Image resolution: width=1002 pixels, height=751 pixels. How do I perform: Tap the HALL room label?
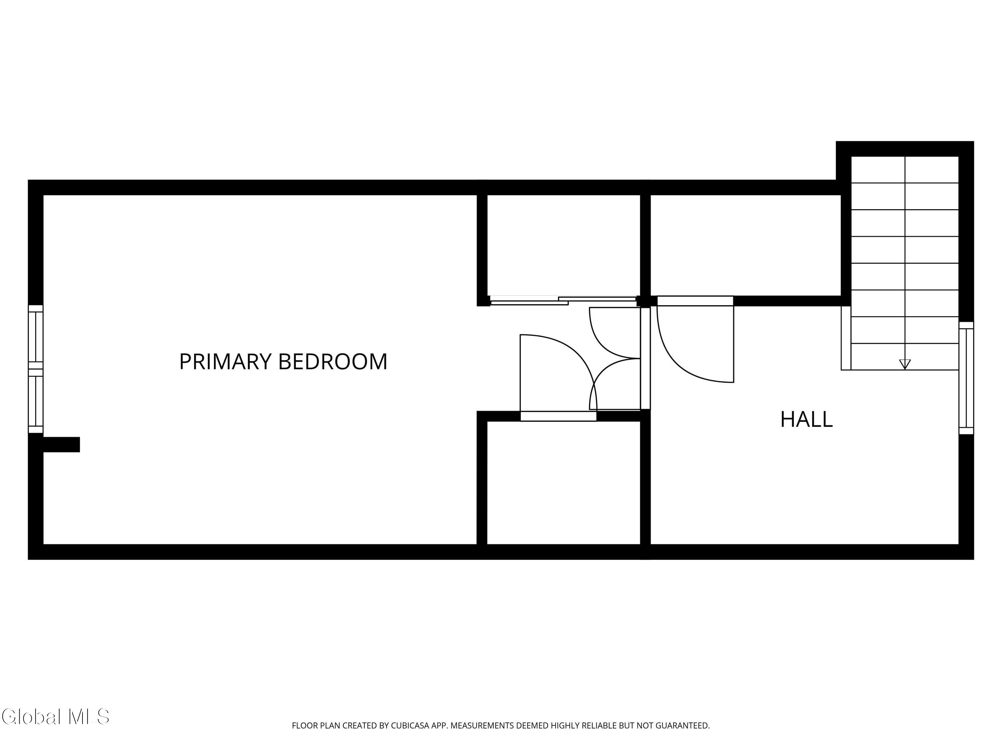tap(806, 420)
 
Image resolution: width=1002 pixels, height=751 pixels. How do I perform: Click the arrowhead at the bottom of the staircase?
tap(904, 364)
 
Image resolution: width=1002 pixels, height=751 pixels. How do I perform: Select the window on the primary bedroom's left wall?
tap(36, 369)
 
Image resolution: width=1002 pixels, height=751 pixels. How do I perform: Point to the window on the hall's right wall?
tap(966, 378)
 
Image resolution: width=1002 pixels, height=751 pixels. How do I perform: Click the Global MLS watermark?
tap(55, 717)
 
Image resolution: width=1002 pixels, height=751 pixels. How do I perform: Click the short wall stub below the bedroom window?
tap(61, 445)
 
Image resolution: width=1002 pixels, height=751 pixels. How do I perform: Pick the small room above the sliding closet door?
tap(563, 245)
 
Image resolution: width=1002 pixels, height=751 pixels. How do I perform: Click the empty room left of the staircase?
tap(745, 245)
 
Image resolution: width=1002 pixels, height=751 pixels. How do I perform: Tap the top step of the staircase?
tap(904, 170)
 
